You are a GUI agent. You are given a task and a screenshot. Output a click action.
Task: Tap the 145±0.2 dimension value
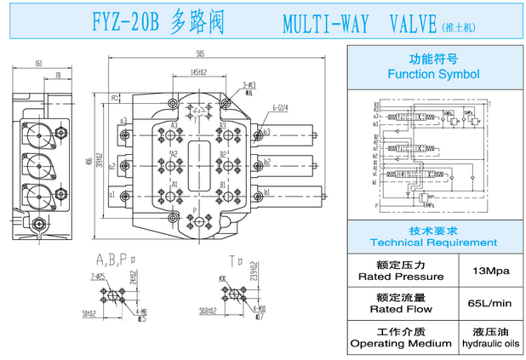[197, 72]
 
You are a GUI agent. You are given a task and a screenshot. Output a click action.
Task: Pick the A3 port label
[174, 126]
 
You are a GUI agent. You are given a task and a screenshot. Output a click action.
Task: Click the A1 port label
[174, 184]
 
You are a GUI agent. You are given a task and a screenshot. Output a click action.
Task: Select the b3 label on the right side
[266, 132]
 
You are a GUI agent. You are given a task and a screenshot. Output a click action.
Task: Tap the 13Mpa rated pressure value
[489, 271]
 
